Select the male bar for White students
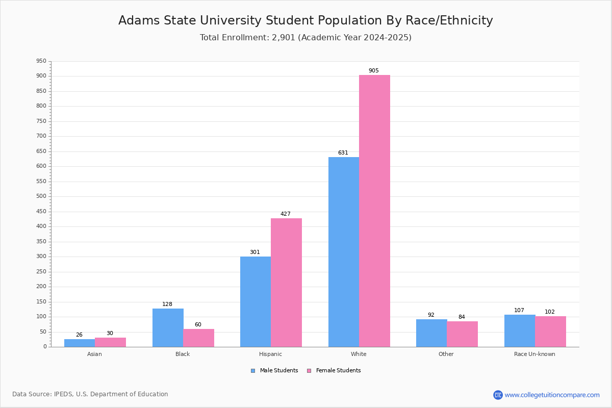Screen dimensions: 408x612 tap(344, 252)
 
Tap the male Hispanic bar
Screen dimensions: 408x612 tap(256, 301)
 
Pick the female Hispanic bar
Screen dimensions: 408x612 tap(286, 283)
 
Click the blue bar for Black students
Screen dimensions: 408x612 tap(168, 327)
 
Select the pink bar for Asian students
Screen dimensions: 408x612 tap(110, 342)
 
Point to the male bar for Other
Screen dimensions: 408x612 tap(431, 333)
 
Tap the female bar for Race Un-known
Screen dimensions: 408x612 tap(550, 331)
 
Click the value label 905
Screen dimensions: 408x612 tap(374, 71)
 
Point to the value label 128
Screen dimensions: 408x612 tap(167, 304)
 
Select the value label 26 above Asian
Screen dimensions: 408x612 tap(79, 335)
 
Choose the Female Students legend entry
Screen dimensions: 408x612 tap(334, 371)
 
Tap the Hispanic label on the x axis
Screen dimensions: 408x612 tap(270, 354)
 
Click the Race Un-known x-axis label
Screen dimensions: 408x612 tap(534, 354)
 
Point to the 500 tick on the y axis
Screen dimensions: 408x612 tap(41, 196)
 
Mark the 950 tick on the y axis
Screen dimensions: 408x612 tap(41, 61)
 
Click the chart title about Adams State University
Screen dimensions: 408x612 tap(305, 20)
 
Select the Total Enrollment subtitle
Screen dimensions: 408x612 tap(305, 38)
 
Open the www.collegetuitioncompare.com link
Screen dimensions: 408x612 tap(552, 395)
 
